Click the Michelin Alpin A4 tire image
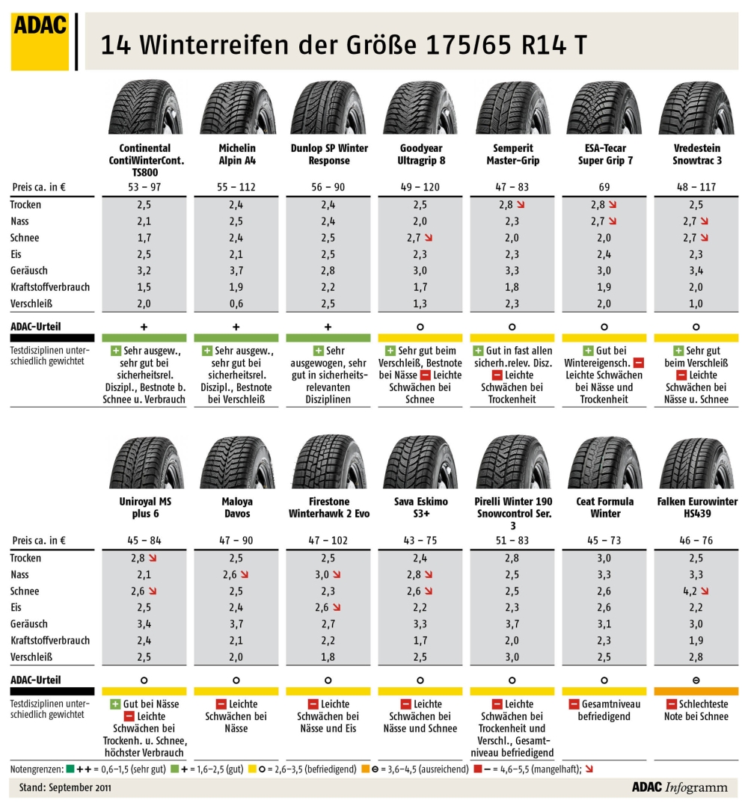tap(236, 109)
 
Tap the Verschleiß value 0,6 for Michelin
tap(236, 304)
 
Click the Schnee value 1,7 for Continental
tap(144, 238)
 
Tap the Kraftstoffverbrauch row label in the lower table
tap(49, 641)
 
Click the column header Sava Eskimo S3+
tap(420, 507)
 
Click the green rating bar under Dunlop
tap(328, 338)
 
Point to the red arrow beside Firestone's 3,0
tap(337, 575)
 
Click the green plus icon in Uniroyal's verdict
tap(115, 704)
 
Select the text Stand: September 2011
tap(60, 787)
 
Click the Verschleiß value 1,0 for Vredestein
tap(696, 304)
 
